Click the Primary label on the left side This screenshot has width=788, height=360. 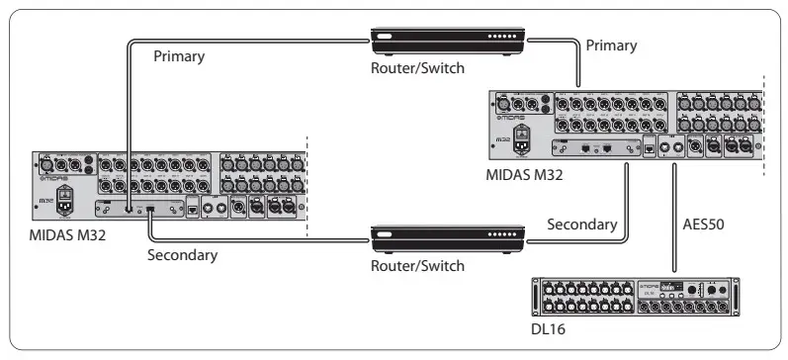(179, 56)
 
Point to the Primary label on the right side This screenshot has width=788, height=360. (611, 45)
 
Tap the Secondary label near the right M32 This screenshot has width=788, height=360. (583, 225)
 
